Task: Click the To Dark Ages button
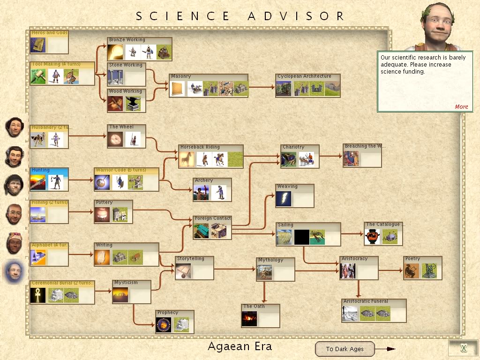click(345, 349)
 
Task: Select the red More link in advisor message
click(461, 106)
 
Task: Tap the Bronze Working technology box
click(139, 49)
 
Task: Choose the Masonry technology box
click(208, 85)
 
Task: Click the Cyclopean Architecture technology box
click(307, 85)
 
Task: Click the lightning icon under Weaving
click(284, 199)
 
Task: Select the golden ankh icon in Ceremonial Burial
click(38, 295)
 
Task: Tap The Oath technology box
click(261, 315)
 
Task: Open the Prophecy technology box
click(174, 322)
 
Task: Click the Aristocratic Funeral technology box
click(374, 311)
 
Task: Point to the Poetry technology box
click(422, 268)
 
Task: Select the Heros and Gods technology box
click(49, 42)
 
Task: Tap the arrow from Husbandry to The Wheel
click(88, 136)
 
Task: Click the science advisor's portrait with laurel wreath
click(441, 26)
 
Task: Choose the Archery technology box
click(212, 189)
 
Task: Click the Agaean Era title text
click(240, 347)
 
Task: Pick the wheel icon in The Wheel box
click(115, 139)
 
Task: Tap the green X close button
click(463, 348)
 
